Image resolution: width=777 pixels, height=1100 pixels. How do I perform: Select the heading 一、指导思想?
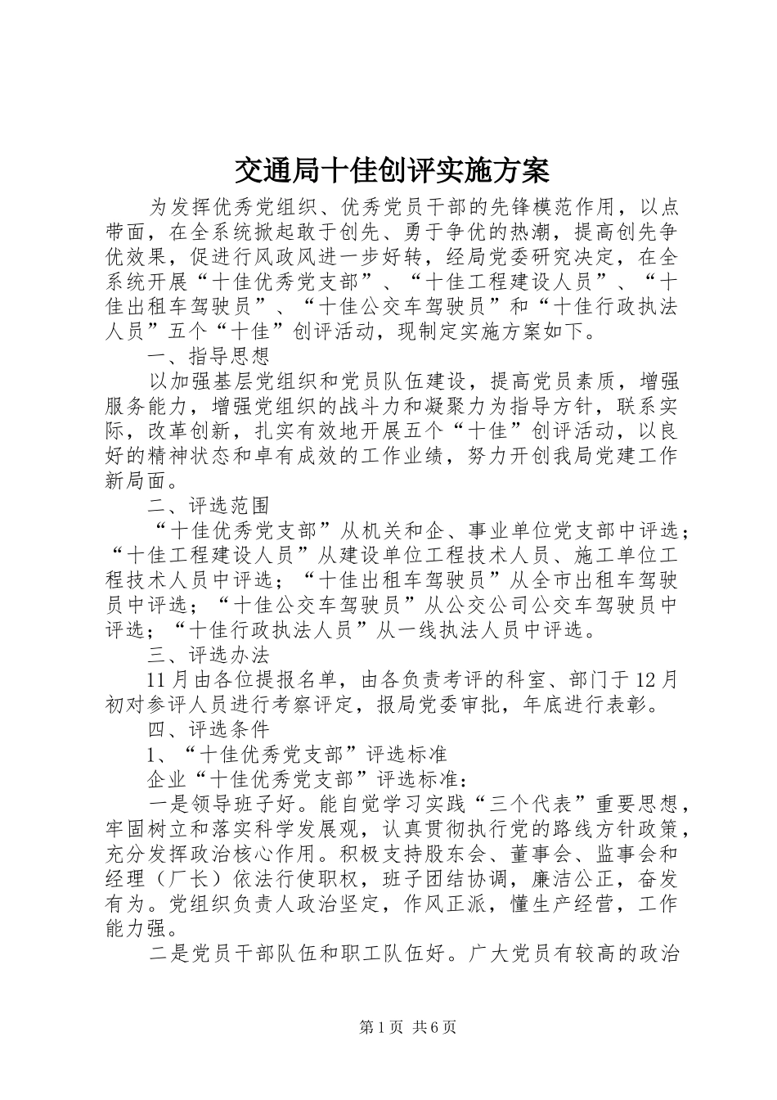coord(208,356)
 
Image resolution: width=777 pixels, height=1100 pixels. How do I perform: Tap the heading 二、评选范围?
coord(208,506)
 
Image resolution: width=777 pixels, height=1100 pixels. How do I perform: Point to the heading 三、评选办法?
coord(208,656)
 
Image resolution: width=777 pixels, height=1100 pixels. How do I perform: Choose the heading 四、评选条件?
coord(208,729)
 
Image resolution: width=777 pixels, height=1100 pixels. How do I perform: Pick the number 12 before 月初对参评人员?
coord(645,679)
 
